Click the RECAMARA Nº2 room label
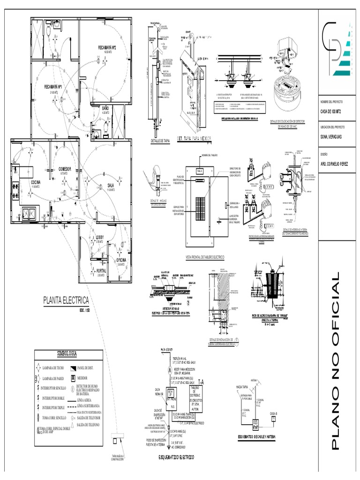click(107, 48)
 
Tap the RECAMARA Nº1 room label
click(53, 87)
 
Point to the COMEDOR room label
click(65, 168)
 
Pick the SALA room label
click(111, 185)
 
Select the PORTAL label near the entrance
click(101, 271)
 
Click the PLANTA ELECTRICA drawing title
click(66, 300)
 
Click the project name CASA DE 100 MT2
click(331, 111)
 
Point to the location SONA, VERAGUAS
click(331, 137)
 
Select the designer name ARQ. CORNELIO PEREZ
click(335, 163)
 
